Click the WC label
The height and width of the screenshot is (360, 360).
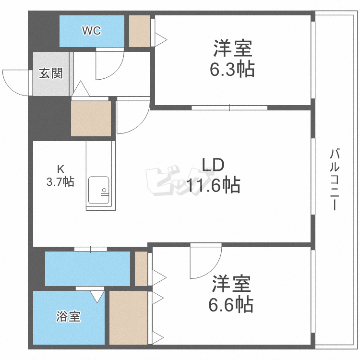click(91, 31)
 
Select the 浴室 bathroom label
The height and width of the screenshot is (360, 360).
click(68, 317)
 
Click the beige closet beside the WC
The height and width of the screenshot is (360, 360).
click(139, 31)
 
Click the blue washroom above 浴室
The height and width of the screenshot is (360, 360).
click(87, 268)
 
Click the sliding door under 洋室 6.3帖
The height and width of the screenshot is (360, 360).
click(229, 107)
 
